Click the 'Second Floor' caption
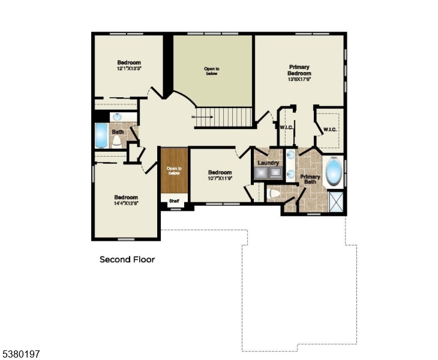127,260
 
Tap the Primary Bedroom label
299,70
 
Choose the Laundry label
268,163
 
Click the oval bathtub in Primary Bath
333,171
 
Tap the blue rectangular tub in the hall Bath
101,136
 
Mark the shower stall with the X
336,202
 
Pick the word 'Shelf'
174,201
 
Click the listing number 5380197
21,355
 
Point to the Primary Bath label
310,179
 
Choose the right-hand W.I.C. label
330,130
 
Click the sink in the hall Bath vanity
117,116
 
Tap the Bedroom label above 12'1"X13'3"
128,63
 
